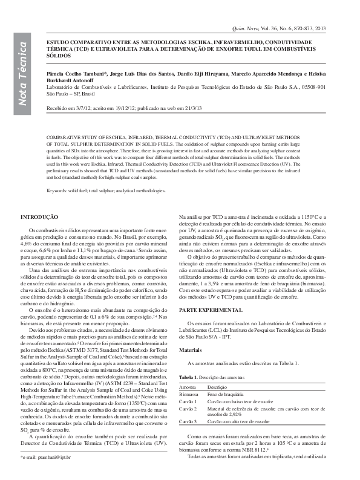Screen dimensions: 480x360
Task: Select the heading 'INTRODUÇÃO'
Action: (39, 216)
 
